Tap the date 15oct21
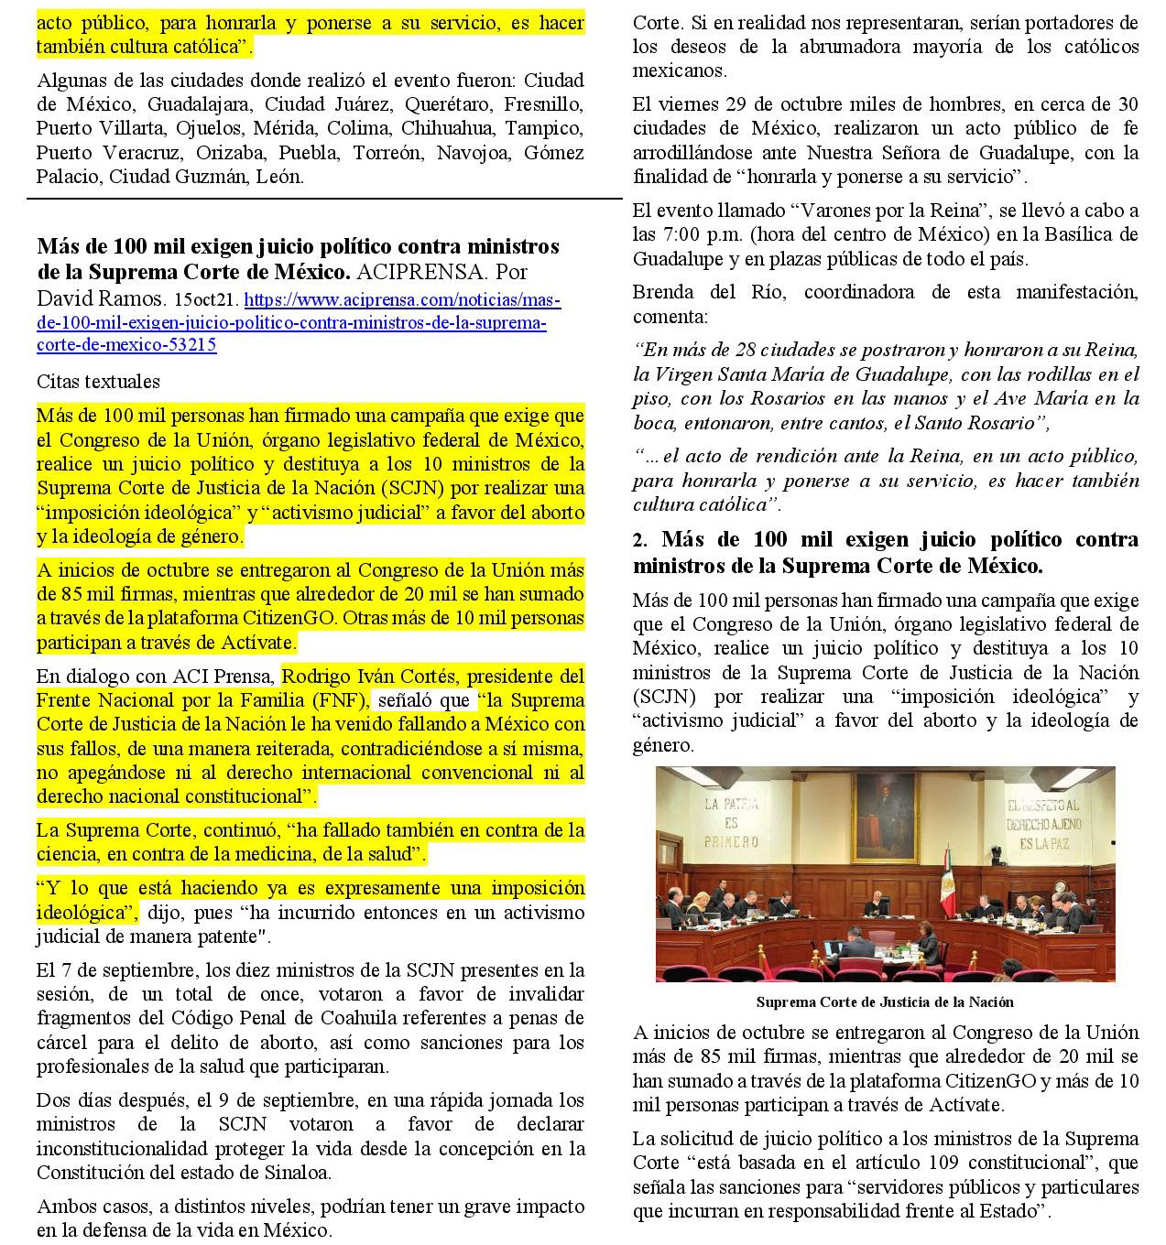tap(206, 299)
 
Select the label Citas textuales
tap(98, 381)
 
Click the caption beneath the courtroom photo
tap(885, 1001)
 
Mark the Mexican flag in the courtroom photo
tap(948, 881)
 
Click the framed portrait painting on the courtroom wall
tap(885, 815)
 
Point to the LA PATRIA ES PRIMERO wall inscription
tap(732, 822)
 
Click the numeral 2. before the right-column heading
tap(640, 541)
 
